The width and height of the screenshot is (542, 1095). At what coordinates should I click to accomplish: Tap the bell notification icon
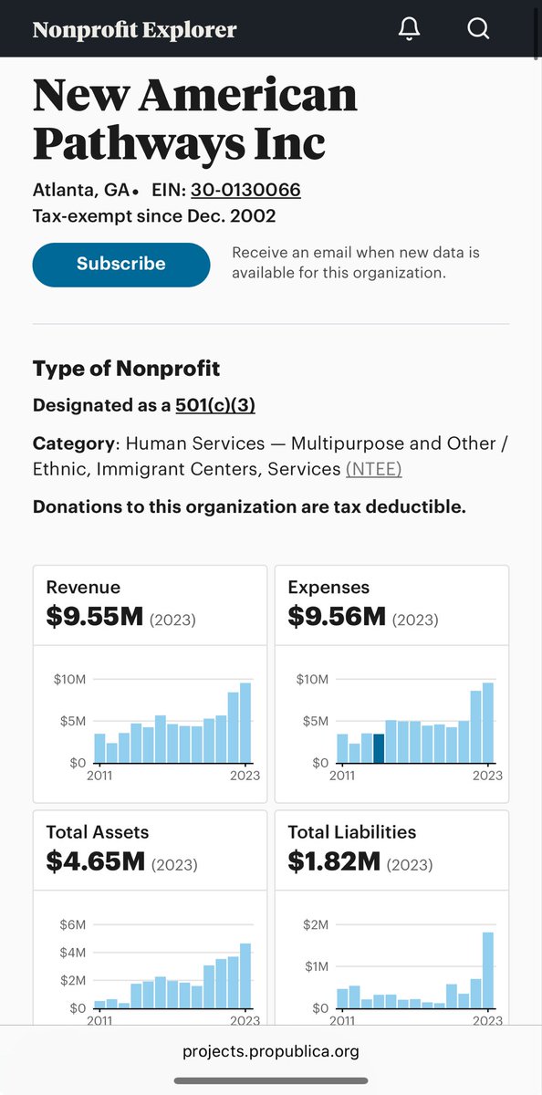coord(410,28)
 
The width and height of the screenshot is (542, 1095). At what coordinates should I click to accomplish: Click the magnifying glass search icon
coord(478,28)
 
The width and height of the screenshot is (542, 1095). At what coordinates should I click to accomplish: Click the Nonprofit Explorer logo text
coord(134,29)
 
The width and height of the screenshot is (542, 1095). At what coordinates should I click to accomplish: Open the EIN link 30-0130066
coord(245,190)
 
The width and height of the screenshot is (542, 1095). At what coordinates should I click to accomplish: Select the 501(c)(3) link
coord(215,405)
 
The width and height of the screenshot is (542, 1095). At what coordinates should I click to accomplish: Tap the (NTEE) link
coord(373,468)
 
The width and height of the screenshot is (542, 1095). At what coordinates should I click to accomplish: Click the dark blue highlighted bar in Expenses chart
coord(379,747)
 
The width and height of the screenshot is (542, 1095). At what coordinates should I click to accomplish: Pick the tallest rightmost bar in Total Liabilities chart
coord(488,969)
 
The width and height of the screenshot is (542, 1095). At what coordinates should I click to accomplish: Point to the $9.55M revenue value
coord(95,617)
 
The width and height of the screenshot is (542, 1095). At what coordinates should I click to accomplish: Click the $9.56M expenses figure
coord(337,617)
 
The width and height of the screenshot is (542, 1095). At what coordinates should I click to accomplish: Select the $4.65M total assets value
coord(95,860)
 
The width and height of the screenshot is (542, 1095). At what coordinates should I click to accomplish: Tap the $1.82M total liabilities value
coord(334,860)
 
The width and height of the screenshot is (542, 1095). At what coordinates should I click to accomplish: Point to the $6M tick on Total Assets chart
coord(72,924)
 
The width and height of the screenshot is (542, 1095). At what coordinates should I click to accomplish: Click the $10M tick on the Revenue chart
coord(70,680)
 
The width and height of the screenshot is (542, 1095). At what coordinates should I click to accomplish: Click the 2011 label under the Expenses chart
coord(342,776)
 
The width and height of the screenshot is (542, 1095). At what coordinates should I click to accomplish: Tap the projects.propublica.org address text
coord(271,1051)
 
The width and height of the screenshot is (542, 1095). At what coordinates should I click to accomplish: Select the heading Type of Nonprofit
coord(126,369)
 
